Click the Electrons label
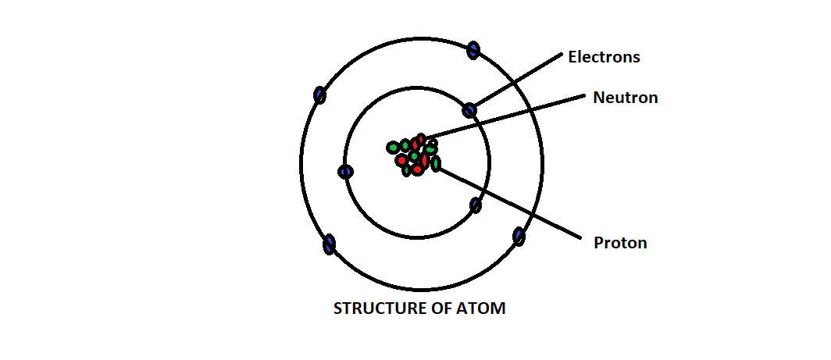(604, 57)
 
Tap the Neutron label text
(625, 98)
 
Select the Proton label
(620, 242)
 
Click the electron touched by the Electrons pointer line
(469, 110)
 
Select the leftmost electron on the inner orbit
(345, 172)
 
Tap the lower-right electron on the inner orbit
(476, 205)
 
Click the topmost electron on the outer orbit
(473, 51)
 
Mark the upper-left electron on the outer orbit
(319, 95)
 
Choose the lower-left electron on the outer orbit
(330, 244)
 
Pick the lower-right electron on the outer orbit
(519, 236)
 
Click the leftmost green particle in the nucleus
(393, 148)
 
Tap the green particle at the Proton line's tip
(436, 163)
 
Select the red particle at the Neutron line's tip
(421, 140)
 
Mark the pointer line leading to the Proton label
(508, 201)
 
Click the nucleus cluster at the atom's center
(415, 155)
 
